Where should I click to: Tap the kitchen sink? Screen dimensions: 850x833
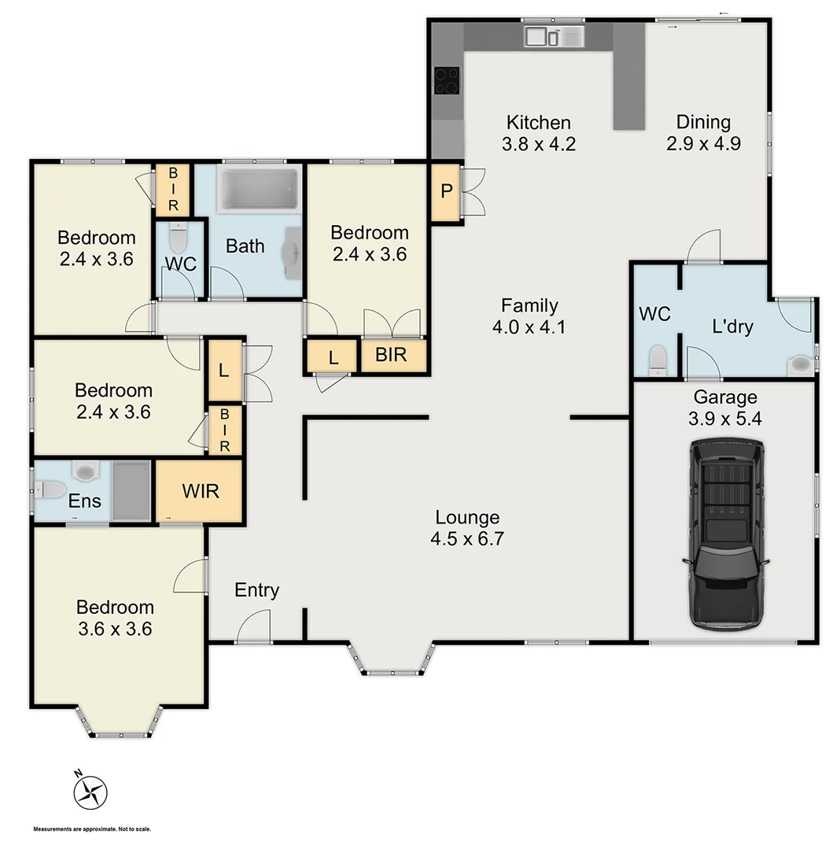[554, 35]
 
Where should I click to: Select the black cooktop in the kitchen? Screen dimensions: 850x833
[447, 80]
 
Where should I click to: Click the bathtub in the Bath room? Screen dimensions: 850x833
[258, 189]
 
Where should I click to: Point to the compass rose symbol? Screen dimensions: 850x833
[90, 791]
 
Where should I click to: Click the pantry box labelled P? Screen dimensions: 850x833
[445, 191]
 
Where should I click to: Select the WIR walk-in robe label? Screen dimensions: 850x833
[200, 491]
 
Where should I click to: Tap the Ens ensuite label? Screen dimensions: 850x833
[84, 501]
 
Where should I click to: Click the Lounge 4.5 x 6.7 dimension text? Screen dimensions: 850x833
[467, 539]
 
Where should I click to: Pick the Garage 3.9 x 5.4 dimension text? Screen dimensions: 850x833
[724, 419]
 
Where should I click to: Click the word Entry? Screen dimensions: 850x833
[257, 590]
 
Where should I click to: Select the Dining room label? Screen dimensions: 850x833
[703, 122]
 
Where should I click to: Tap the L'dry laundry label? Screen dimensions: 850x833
[732, 326]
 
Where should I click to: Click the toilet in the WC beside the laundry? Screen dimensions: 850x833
[657, 360]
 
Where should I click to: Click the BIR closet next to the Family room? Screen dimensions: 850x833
[391, 355]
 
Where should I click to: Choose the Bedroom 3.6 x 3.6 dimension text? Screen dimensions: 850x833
[115, 629]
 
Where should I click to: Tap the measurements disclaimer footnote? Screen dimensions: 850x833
[92, 829]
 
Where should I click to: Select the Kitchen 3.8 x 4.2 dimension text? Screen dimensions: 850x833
[538, 144]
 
